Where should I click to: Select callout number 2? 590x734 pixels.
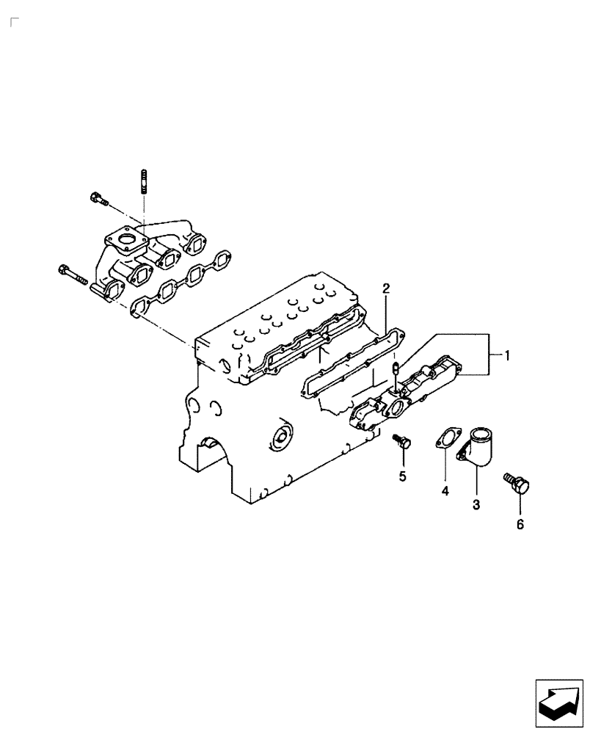(385, 289)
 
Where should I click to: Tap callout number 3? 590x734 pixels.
(476, 505)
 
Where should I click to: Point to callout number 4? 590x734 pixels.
(444, 492)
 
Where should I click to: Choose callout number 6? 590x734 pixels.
(520, 524)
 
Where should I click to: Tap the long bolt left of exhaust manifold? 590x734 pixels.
(73, 276)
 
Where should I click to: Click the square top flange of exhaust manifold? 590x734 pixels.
(126, 241)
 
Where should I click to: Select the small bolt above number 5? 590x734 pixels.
(401, 442)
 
